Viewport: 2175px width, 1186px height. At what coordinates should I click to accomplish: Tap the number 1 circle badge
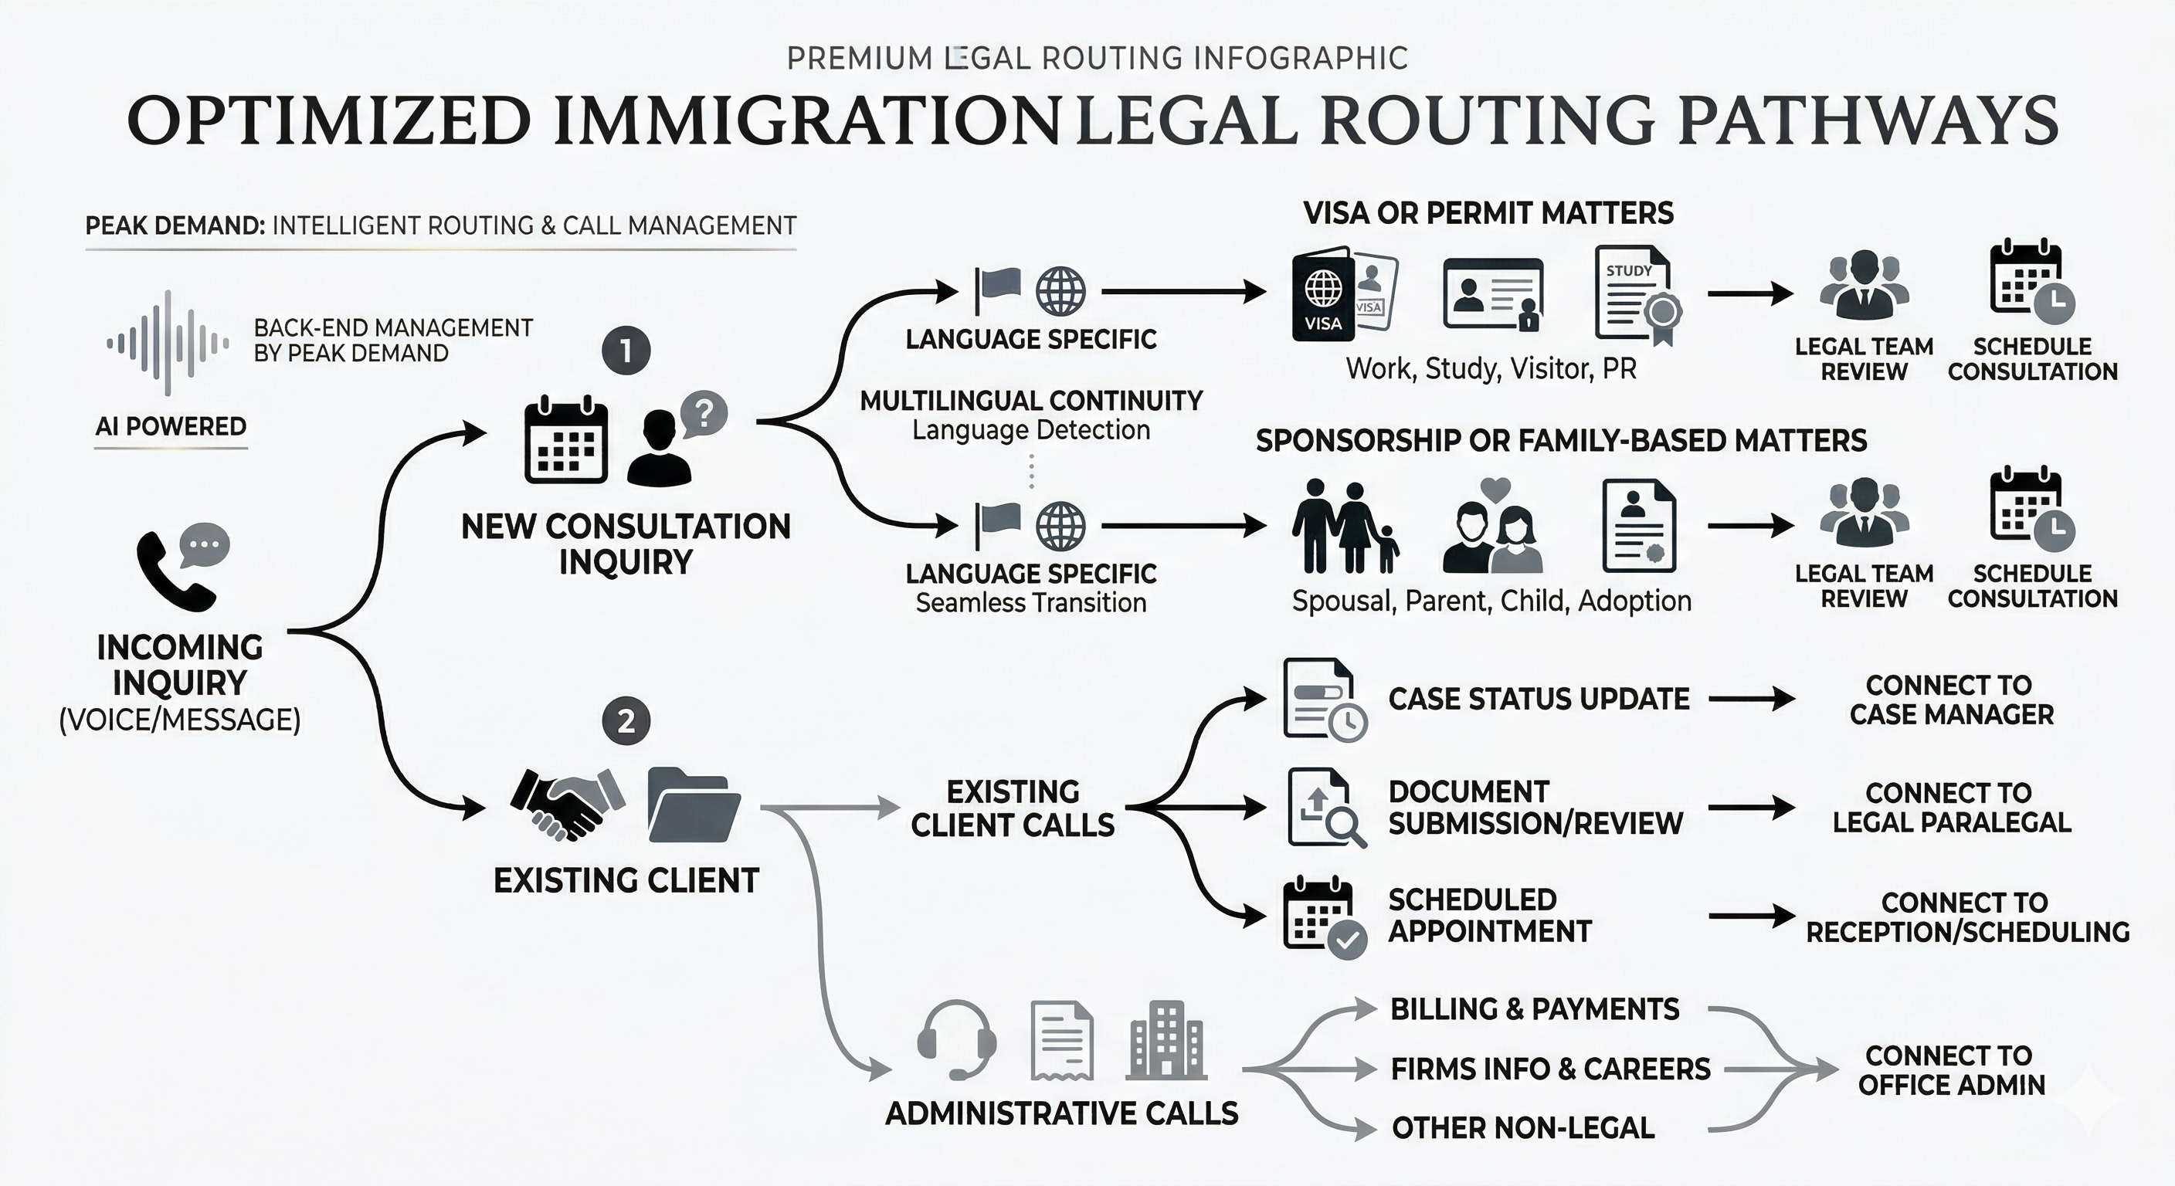click(626, 351)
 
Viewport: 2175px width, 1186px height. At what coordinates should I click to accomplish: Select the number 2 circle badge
click(626, 722)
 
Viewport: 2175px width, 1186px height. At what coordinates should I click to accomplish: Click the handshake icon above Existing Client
click(568, 803)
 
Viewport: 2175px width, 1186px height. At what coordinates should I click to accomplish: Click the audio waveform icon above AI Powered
click(168, 342)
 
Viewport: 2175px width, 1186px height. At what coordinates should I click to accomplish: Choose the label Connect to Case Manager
click(1951, 700)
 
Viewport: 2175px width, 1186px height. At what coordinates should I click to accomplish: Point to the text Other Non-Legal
click(1522, 1128)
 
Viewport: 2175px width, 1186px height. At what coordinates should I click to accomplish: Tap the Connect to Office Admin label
click(1951, 1070)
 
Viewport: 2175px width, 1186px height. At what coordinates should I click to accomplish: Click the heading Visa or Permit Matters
click(1488, 214)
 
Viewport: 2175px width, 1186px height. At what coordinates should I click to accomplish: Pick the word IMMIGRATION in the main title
click(806, 121)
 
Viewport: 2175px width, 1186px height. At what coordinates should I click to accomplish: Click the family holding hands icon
click(1343, 527)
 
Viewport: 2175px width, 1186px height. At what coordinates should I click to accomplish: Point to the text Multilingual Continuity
click(1031, 400)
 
